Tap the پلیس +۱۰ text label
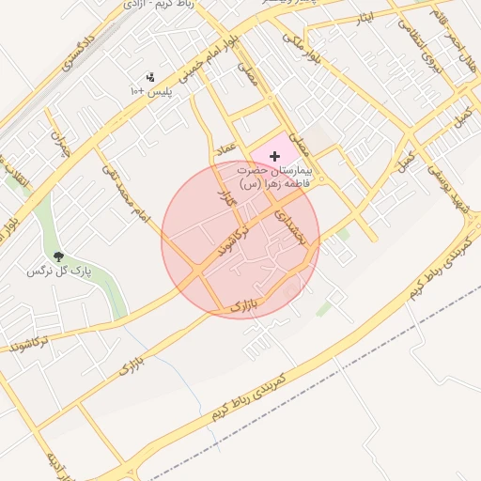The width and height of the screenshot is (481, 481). tap(149, 92)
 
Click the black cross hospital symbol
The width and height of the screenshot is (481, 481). tap(274, 155)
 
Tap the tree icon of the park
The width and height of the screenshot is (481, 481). tap(59, 256)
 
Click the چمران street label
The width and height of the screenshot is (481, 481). tap(62, 146)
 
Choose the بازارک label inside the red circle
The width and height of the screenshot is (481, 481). tap(242, 306)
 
